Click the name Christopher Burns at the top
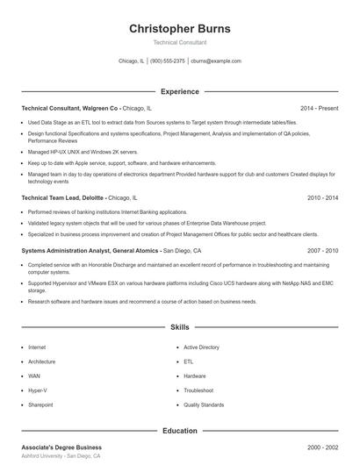tap(180, 28)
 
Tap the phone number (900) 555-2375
tap(167, 61)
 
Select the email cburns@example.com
tap(216, 61)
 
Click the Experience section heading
tap(180, 91)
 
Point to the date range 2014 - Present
tap(319, 108)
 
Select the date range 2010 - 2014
tap(322, 198)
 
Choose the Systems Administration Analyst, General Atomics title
tap(90, 250)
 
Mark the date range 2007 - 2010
tap(322, 250)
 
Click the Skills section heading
tap(180, 327)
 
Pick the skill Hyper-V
tap(39, 390)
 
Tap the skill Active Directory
tap(201, 347)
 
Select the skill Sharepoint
tap(40, 404)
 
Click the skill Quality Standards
tap(204, 404)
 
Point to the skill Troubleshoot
tap(198, 390)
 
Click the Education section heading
tap(180, 431)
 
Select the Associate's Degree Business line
tap(61, 447)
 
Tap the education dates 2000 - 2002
tap(322, 447)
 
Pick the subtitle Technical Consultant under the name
tap(180, 42)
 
